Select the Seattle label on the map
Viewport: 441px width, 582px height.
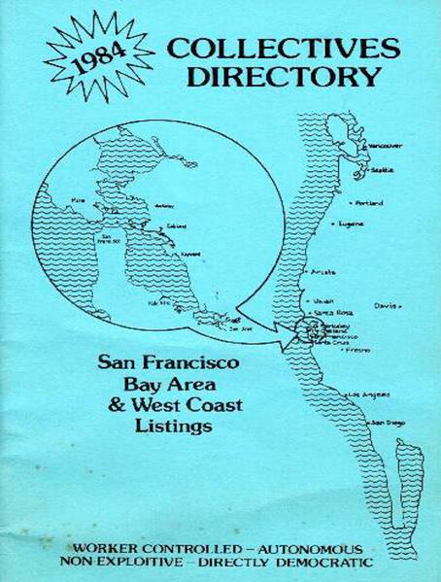[384, 169]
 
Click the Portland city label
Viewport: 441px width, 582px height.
[369, 203]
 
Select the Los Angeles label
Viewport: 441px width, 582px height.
[368, 395]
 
